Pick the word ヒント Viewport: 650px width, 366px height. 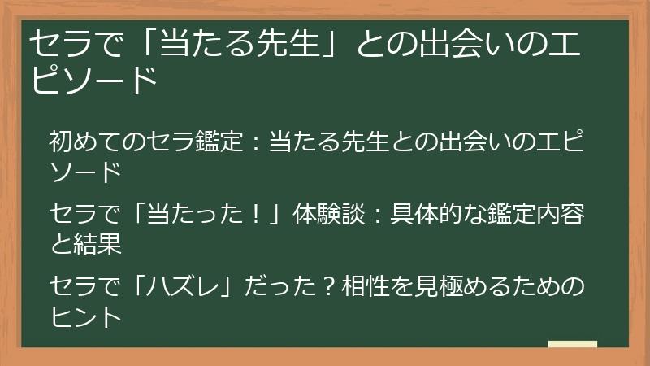point(85,316)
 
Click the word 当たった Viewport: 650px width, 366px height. point(202,217)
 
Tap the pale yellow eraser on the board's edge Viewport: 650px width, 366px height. point(572,345)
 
